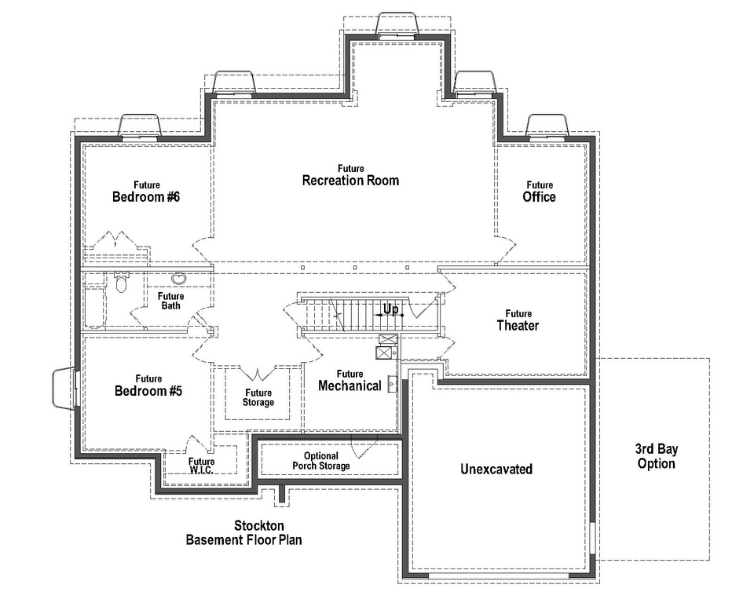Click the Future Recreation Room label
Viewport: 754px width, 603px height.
[x=351, y=175]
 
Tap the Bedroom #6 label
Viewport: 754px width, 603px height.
[x=146, y=192]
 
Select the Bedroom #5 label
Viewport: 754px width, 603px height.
[x=148, y=386]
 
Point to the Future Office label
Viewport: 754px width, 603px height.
[x=539, y=192]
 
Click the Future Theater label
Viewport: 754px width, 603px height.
[x=518, y=320]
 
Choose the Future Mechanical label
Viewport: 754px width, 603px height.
[x=350, y=381]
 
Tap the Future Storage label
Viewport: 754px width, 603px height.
[x=258, y=397]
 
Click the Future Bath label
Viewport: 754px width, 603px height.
[x=171, y=301]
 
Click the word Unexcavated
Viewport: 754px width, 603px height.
[x=496, y=470]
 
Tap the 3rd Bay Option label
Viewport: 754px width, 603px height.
[x=656, y=456]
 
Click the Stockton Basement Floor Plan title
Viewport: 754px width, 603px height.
[x=243, y=532]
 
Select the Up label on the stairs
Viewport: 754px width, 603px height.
[x=391, y=309]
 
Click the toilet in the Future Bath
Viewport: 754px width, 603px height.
[x=121, y=282]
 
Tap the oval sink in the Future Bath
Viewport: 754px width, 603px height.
[x=180, y=278]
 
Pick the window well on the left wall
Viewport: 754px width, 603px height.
[x=63, y=389]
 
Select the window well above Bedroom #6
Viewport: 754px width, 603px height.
[x=140, y=126]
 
